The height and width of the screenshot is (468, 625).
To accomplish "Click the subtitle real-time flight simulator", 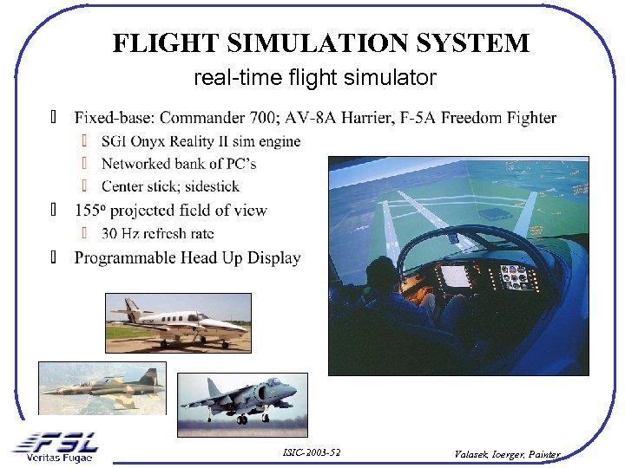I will coord(315,79).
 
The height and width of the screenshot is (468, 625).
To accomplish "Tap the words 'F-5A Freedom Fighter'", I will coord(498,118).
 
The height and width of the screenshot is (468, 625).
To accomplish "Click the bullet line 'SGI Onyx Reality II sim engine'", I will coord(201,141).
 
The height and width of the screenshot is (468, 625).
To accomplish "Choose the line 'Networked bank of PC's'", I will coord(178,164).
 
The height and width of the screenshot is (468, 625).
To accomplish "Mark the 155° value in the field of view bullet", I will coord(88,211).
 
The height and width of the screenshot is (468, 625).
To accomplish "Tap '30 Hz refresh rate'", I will coord(157,233).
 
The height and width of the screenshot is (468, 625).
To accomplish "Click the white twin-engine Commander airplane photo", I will coord(178,322).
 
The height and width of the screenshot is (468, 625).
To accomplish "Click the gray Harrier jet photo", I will coord(242,404).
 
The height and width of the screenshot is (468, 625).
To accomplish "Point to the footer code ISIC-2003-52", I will coord(312,453).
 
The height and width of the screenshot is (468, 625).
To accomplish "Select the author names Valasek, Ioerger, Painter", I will coord(508,453).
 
